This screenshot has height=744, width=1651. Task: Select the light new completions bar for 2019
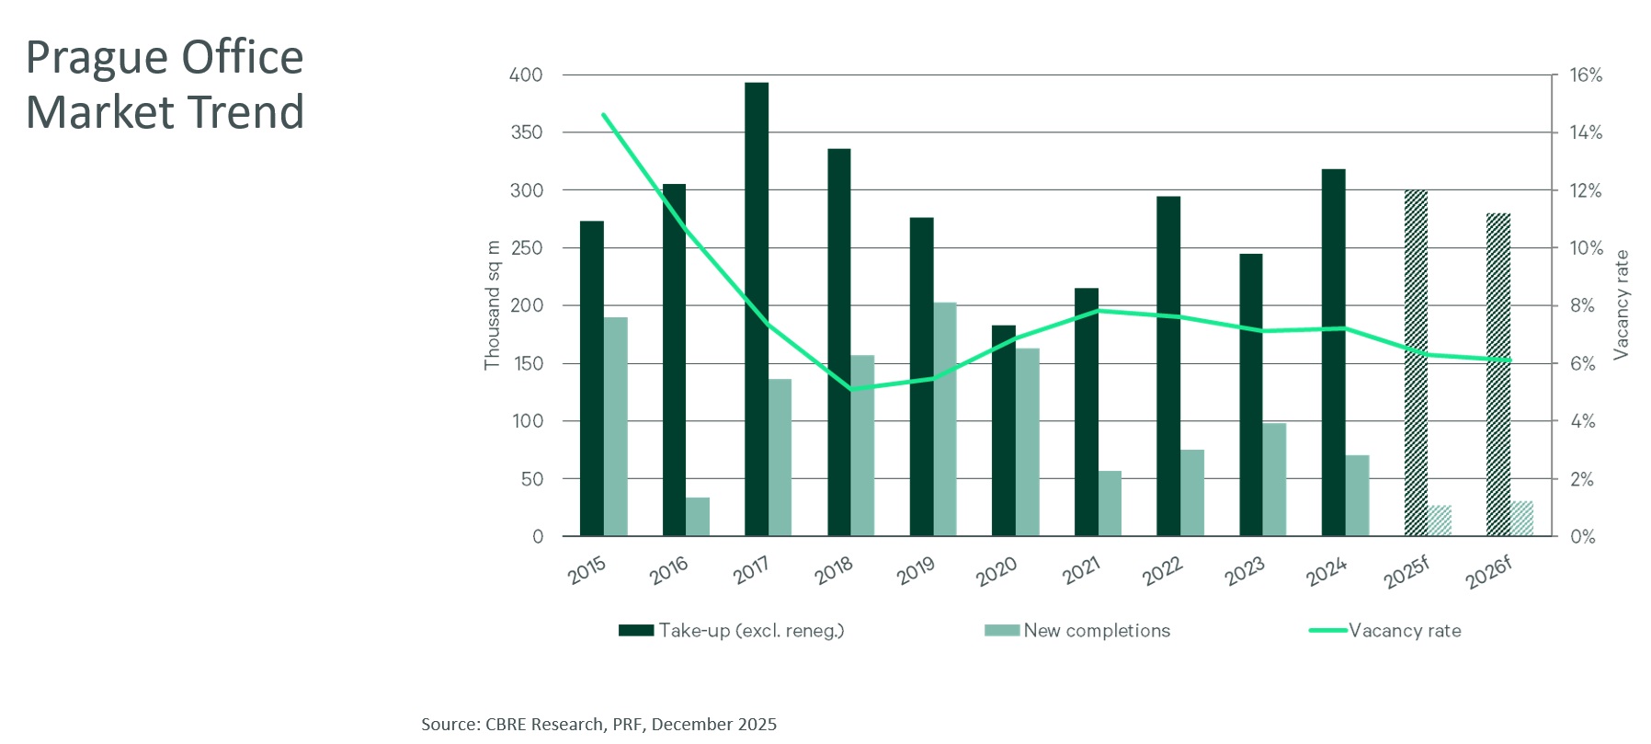945,419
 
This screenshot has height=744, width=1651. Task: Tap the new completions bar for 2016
698,517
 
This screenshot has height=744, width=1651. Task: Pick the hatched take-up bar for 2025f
1416,363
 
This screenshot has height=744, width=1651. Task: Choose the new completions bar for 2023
1274,479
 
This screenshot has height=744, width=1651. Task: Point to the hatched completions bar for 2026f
1521,519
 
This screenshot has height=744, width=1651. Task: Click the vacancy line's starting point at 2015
603,115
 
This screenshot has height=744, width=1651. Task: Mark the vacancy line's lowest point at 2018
851,389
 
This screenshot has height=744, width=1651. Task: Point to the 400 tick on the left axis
526,74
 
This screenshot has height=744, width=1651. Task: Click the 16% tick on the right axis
1585,74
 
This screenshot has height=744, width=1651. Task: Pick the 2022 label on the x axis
1163,572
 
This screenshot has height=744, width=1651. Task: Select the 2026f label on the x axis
1489,573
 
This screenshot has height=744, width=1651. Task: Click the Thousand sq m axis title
493,305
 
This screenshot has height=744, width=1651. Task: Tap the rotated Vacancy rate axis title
1621,304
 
